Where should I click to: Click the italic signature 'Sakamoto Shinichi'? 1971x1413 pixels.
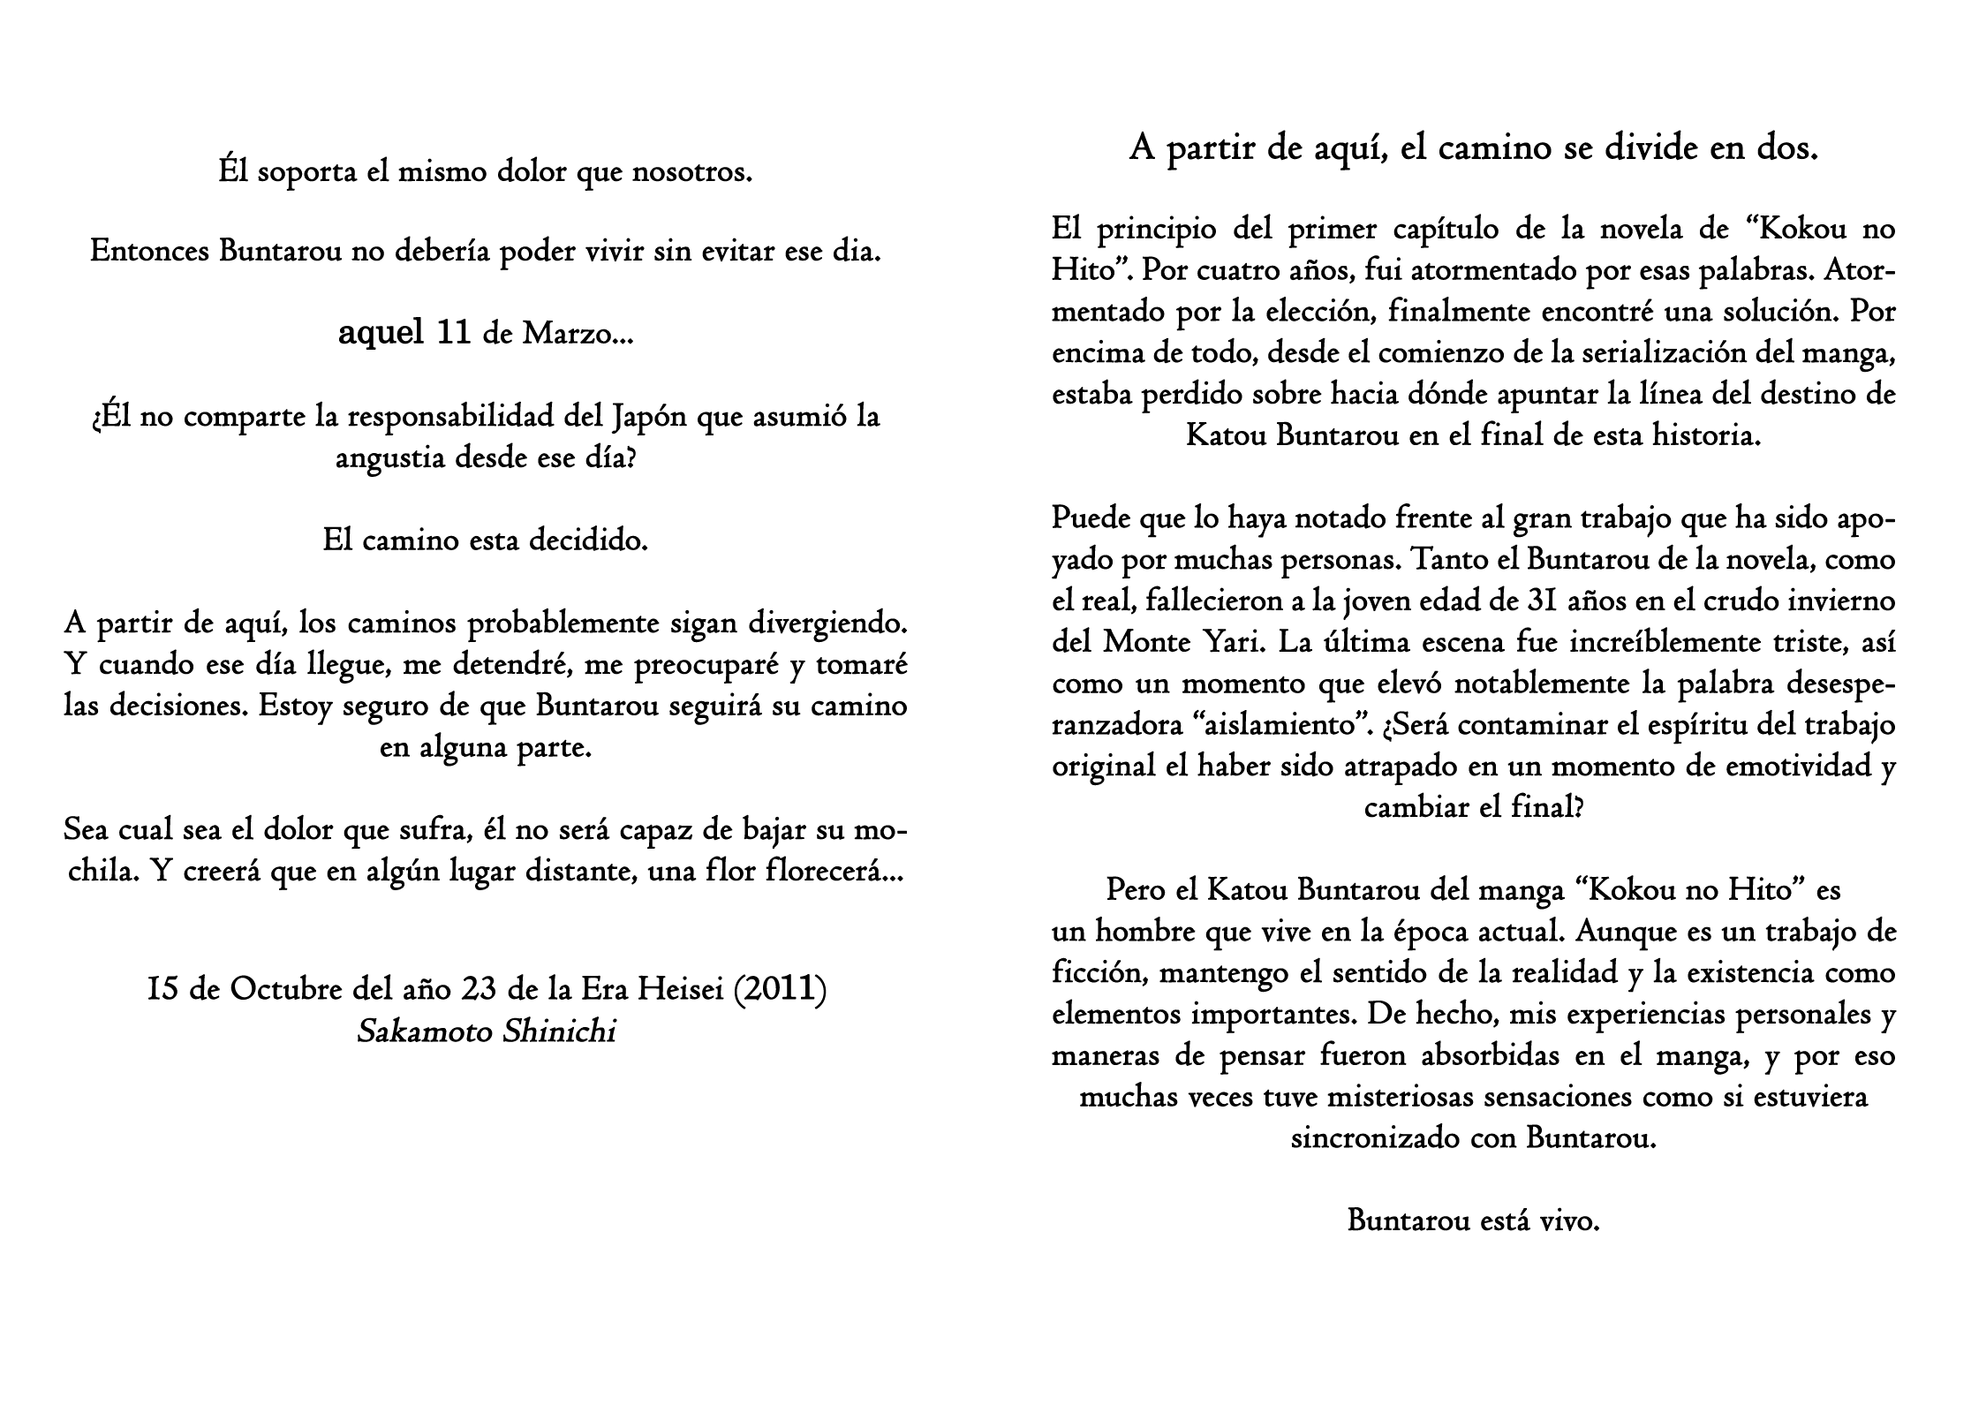coord(486,1031)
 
